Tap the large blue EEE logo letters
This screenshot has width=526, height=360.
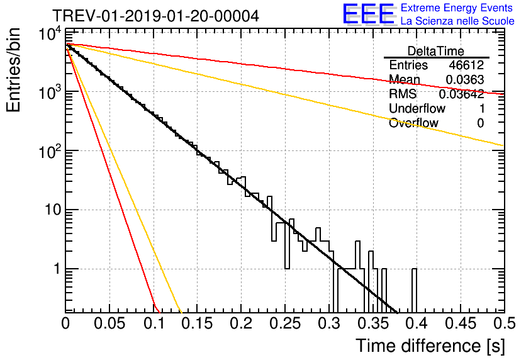pos(368,14)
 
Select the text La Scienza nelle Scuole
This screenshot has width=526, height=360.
pos(457,21)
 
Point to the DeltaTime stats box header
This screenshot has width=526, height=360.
pos(436,51)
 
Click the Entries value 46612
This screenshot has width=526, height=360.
pos(466,65)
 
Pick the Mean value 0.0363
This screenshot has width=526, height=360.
pos(464,80)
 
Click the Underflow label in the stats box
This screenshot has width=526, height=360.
pos(417,109)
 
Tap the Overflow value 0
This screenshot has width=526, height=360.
pos(480,123)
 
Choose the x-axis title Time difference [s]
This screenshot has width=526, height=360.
pos(429,345)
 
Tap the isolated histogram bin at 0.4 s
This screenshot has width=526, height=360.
pos(414,290)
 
